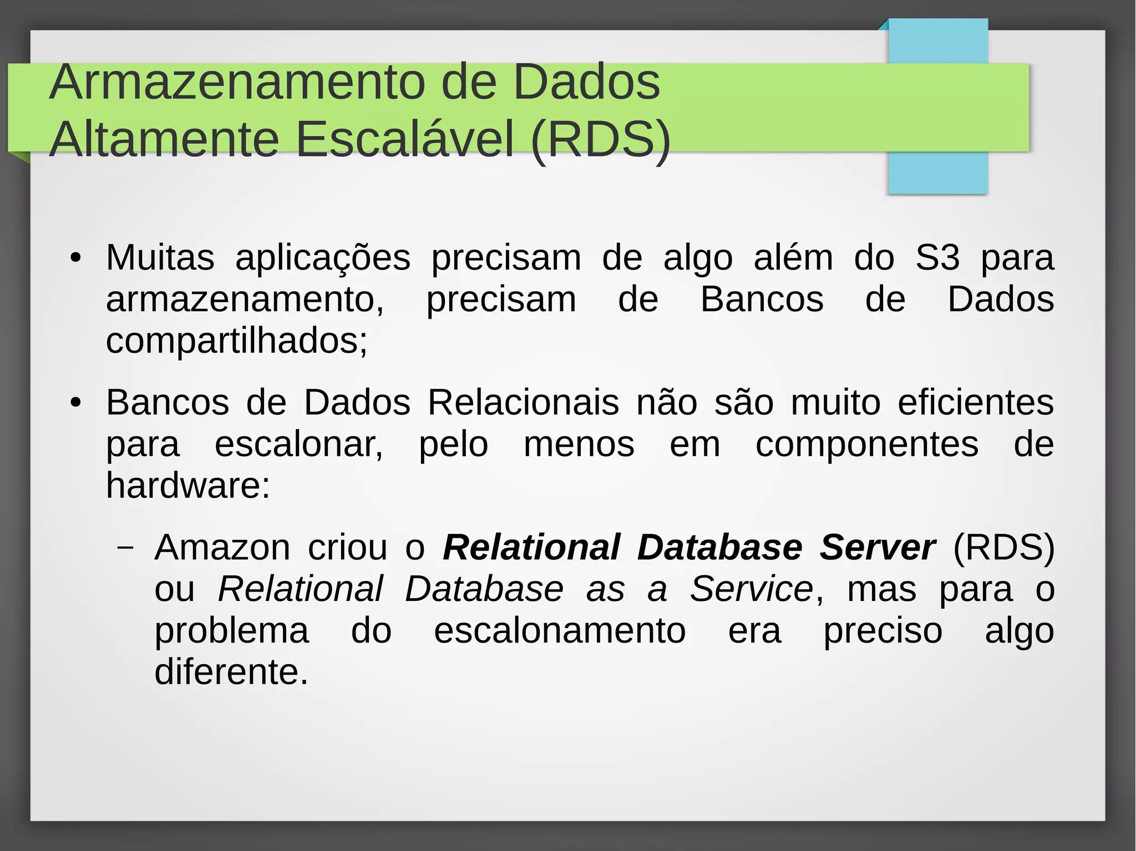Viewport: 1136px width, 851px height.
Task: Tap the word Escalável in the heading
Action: click(x=405, y=140)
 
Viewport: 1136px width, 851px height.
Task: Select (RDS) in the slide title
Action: click(x=601, y=140)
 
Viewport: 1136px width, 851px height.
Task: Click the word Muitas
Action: click(x=160, y=258)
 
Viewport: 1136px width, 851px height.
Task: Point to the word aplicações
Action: click(x=323, y=259)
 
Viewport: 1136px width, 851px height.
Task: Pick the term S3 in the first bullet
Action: click(x=937, y=258)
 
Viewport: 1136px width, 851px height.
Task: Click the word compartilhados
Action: click(x=235, y=341)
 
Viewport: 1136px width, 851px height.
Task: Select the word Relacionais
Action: click(x=523, y=402)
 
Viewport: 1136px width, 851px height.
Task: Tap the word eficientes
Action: click(x=976, y=402)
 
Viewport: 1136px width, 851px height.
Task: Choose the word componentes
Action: click(x=867, y=445)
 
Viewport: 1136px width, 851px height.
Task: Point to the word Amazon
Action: click(x=222, y=548)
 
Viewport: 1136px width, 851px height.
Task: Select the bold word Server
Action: click(x=878, y=548)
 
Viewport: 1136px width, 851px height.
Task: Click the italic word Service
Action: click(x=752, y=589)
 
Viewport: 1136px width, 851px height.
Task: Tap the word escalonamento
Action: click(x=560, y=631)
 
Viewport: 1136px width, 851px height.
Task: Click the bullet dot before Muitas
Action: click(x=76, y=258)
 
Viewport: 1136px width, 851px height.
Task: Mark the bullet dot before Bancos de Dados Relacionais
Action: click(x=76, y=403)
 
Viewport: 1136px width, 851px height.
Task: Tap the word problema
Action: click(x=231, y=631)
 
